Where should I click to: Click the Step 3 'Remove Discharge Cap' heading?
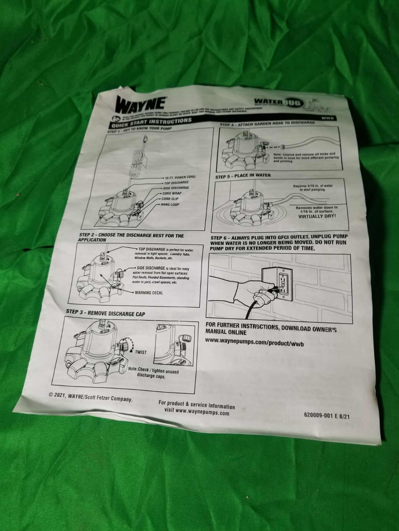point(105,313)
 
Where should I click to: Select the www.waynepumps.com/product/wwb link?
point(254,343)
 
